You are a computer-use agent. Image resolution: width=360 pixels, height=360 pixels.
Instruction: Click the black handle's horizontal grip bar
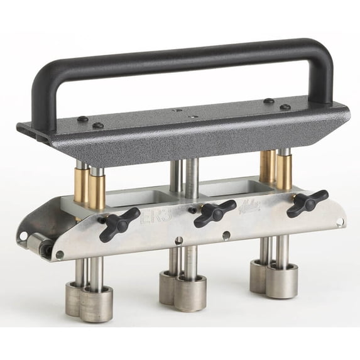pos(182,56)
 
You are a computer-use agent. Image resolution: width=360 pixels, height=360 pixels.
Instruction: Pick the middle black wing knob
pos(214,213)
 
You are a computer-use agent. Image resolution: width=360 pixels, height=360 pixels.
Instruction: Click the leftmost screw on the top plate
pos(82,119)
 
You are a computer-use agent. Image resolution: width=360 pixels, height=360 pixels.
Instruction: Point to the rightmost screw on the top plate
pos(285,107)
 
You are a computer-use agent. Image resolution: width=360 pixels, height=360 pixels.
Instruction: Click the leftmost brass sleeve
pos(82,186)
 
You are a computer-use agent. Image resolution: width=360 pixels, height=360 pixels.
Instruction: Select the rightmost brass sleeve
pos(284,173)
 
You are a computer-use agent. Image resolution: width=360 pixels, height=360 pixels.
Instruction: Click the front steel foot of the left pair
pos(97,303)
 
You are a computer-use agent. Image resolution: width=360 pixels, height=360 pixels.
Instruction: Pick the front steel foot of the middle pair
pos(190,292)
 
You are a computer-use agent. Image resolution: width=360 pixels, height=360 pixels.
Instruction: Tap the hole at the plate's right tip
pos(340,222)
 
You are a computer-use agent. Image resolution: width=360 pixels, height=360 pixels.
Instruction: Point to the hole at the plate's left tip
pos(24,236)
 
